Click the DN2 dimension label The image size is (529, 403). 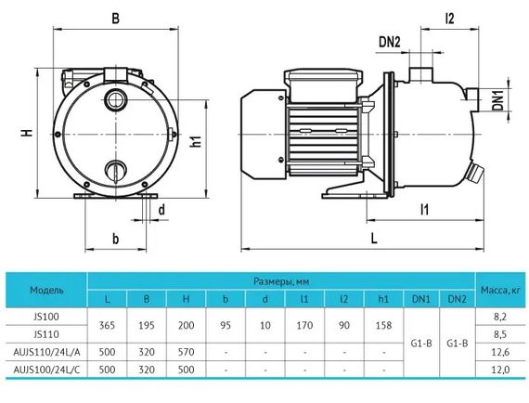390,42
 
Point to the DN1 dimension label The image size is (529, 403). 498,99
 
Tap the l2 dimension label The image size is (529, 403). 450,19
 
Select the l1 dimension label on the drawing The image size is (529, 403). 424,210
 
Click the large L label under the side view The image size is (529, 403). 374,239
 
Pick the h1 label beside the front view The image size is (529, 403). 196,141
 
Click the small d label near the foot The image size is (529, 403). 161,210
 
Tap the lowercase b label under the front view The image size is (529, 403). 116,239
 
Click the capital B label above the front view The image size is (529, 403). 115,19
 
